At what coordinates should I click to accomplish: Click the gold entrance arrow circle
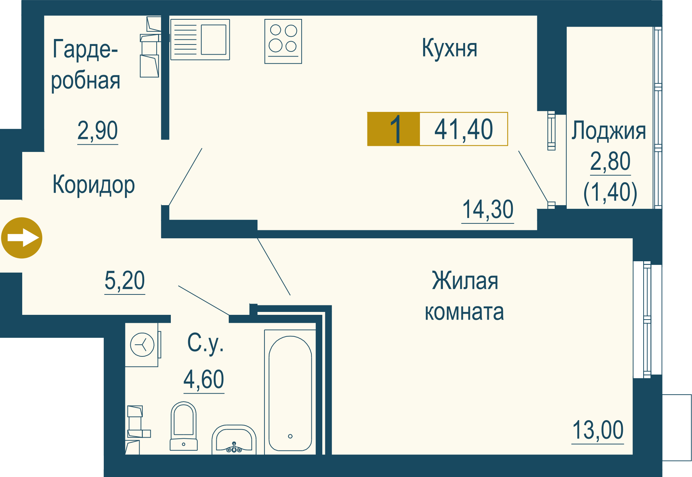pos(22,238)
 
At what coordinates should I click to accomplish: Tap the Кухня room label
pos(449,48)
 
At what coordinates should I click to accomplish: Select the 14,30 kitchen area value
pos(488,210)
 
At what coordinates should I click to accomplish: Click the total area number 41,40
pos(464,129)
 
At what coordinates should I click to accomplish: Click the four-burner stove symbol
pos(283,41)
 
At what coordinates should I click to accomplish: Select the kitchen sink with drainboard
pos(200,39)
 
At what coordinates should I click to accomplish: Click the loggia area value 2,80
pos(610,161)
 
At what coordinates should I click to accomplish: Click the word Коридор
pos(94,185)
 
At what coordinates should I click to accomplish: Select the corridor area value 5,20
pos(125,281)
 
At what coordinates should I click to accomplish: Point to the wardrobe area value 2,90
pos(98,130)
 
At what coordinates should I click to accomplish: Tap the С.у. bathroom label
pos(205,343)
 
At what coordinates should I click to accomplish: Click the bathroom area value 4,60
pos(204,379)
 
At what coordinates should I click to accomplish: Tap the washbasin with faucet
pos(234,440)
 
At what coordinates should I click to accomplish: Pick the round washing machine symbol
pos(142,344)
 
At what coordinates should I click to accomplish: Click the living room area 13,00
pos(598,430)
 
